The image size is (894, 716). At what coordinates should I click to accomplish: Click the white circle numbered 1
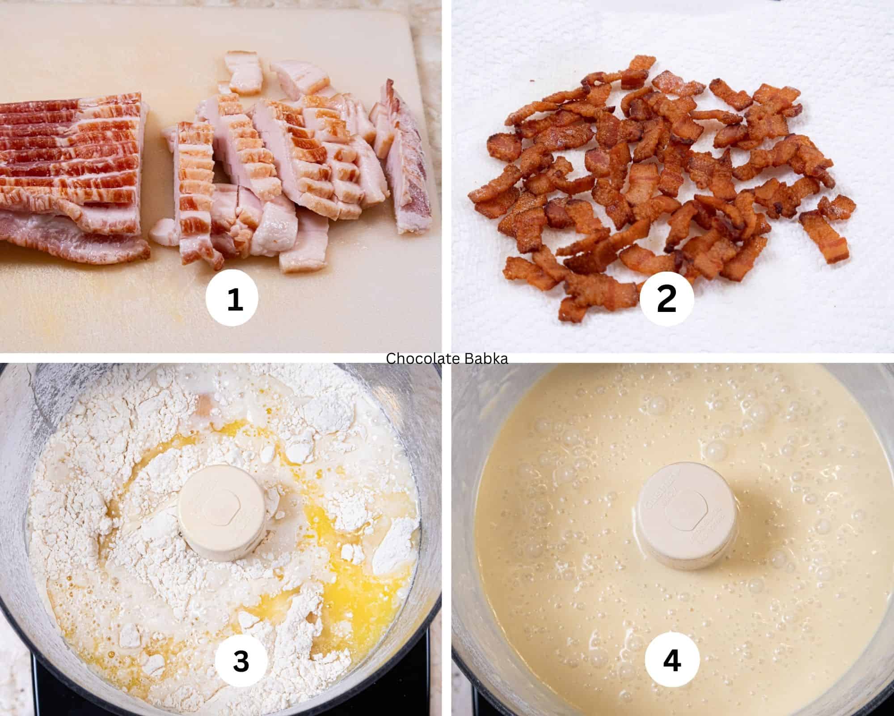[232, 299]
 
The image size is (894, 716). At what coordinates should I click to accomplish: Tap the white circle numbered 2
[666, 299]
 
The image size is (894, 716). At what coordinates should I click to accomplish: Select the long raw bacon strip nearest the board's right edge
[405, 166]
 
